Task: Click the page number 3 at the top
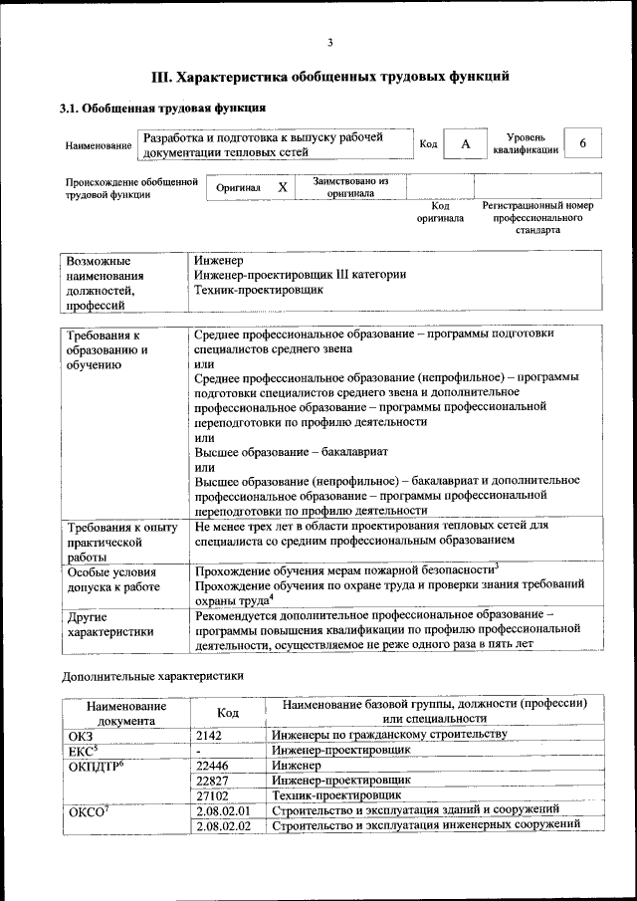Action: (329, 42)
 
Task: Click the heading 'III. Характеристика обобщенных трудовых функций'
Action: (329, 76)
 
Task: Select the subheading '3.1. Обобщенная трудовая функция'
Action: (162, 108)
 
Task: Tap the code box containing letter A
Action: (464, 144)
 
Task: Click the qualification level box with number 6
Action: (583, 143)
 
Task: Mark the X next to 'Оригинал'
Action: (282, 187)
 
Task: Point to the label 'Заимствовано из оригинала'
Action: (350, 187)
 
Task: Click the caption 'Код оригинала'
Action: (440, 212)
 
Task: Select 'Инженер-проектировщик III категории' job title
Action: (301, 274)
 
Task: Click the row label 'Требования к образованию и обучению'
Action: (108, 349)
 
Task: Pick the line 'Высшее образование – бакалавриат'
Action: (283, 451)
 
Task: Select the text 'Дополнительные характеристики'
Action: (151, 676)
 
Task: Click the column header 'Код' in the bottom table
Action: (228, 712)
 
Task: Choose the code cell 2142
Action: (213, 735)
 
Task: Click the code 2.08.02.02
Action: (223, 826)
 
